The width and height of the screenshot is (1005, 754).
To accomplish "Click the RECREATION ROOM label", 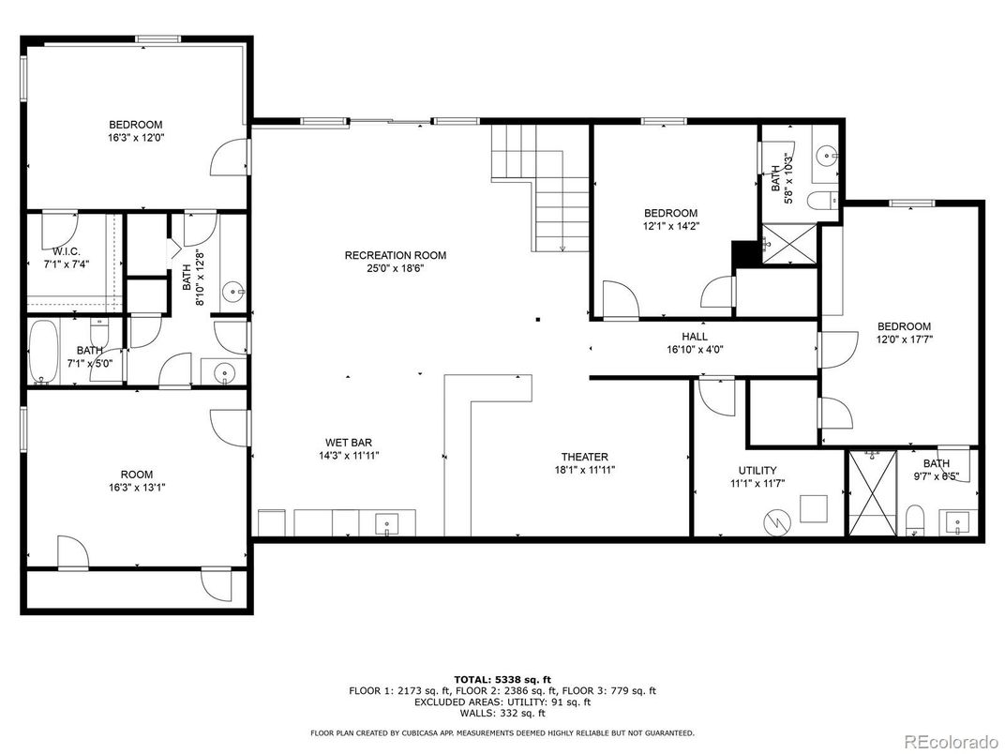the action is coord(395,255).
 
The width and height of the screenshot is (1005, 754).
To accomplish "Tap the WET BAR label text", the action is coord(349,443).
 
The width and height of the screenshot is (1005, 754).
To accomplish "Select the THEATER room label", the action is coord(585,457).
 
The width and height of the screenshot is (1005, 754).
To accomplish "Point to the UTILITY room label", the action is coord(757,470).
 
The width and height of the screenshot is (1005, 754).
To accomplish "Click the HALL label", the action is coord(695,337).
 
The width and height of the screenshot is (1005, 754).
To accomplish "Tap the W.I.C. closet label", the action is coord(67,251).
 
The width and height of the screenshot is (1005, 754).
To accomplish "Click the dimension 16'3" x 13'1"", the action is coord(137,488).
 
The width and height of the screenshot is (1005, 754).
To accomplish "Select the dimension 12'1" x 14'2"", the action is coord(671,226).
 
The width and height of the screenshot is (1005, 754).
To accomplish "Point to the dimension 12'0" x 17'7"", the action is coord(905,339).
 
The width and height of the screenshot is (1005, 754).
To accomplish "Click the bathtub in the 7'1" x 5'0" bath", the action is coord(43,352).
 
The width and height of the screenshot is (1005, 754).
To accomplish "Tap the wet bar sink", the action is coord(386,522).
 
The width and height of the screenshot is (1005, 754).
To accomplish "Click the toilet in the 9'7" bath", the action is coord(915,520).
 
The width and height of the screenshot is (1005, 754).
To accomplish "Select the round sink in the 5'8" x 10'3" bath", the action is coord(828,154).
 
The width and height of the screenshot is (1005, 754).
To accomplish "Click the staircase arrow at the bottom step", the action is coord(562,248).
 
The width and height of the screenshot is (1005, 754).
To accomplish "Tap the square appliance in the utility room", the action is coord(813,508).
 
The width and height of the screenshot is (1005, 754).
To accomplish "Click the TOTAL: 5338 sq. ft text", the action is coord(502,680).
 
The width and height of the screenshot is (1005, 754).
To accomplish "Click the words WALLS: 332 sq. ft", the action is coord(502,713).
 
